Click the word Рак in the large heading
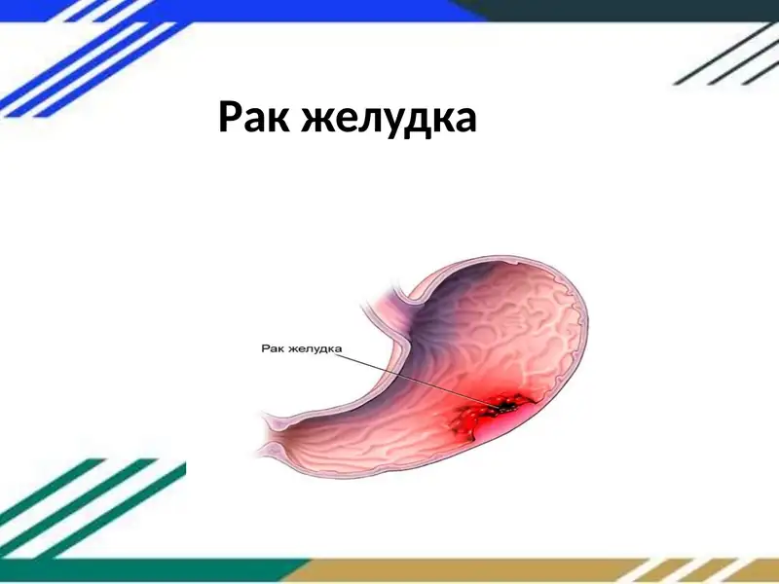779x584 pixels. tap(253, 118)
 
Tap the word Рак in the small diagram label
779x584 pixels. tap(273, 346)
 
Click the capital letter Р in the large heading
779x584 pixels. tap(230, 118)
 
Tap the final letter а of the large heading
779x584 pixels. tap(464, 120)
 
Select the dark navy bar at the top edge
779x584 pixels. tap(633, 10)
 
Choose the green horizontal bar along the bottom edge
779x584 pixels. tap(146, 571)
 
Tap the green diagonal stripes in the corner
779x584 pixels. tap(78, 506)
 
